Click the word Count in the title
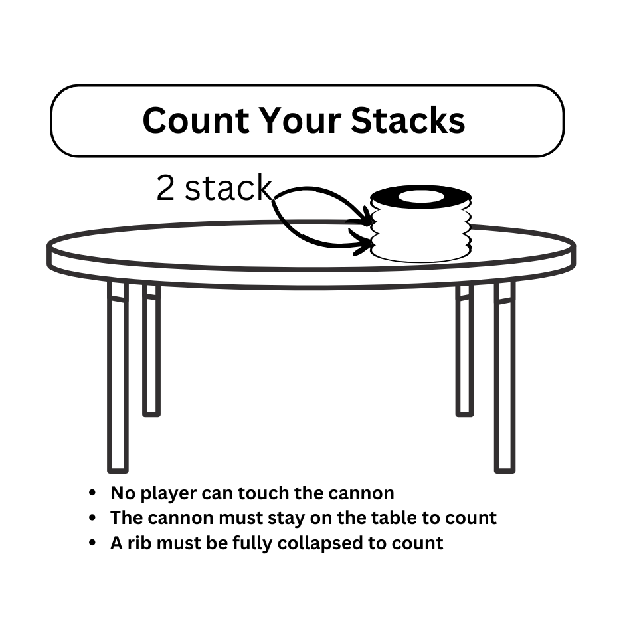point(197,120)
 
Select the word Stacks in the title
point(408,120)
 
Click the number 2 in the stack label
point(165,187)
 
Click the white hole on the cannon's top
point(421,197)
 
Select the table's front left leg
point(118,377)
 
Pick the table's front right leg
point(505,377)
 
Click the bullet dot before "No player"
point(92,493)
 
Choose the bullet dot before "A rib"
point(92,543)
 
